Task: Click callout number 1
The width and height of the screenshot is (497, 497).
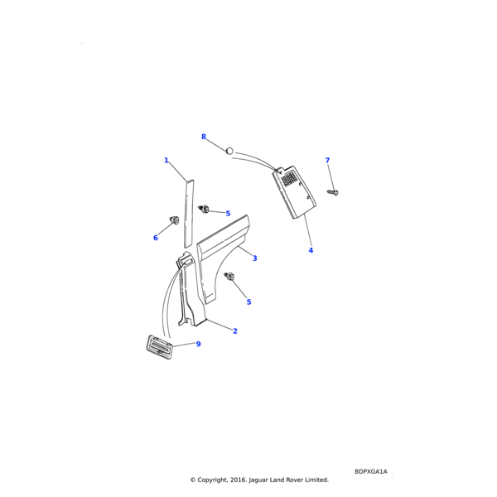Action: [166, 161]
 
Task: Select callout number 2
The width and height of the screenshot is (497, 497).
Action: [235, 331]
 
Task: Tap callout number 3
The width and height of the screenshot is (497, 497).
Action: [254, 258]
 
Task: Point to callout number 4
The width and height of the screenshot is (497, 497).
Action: [311, 250]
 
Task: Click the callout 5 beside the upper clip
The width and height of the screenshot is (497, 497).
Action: [228, 214]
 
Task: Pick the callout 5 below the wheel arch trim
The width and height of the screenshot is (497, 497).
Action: [248, 302]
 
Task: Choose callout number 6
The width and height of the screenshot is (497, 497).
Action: [156, 238]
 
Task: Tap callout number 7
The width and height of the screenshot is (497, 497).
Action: [327, 161]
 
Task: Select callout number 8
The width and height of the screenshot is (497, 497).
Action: [204, 137]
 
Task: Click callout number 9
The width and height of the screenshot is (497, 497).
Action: [199, 344]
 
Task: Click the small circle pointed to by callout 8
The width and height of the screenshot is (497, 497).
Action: [229, 152]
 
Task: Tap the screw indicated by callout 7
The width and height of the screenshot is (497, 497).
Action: [333, 192]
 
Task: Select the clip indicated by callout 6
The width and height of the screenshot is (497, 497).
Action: [174, 220]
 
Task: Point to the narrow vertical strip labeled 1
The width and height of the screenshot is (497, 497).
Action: [189, 214]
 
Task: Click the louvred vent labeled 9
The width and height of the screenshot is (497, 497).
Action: [159, 348]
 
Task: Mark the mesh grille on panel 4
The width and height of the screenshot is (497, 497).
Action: [289, 178]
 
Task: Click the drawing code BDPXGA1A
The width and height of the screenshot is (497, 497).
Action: [371, 471]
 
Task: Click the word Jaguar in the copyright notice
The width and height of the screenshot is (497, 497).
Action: [258, 480]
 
